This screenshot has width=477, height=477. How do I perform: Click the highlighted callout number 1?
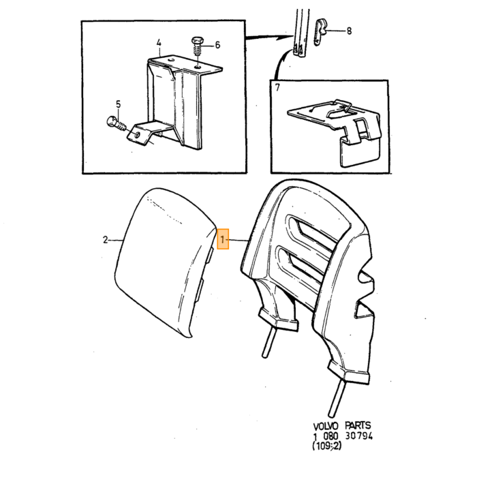223,239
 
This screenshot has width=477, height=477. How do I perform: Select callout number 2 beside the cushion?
105,240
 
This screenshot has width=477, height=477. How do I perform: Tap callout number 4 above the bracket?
159,43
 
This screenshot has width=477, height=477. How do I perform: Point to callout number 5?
118,104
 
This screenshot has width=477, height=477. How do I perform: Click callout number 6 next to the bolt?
217,45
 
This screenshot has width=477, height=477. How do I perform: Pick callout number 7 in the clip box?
277,88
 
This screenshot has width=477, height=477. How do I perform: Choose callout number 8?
349,31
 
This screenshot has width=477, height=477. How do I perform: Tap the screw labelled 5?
117,123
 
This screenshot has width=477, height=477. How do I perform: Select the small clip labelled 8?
320,31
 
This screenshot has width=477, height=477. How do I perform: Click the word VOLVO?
326,426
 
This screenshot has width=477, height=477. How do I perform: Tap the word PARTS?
358,425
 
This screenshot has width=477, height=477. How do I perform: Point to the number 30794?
358,436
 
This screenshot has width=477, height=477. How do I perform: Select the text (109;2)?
326,446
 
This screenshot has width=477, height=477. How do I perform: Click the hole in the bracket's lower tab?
137,135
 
